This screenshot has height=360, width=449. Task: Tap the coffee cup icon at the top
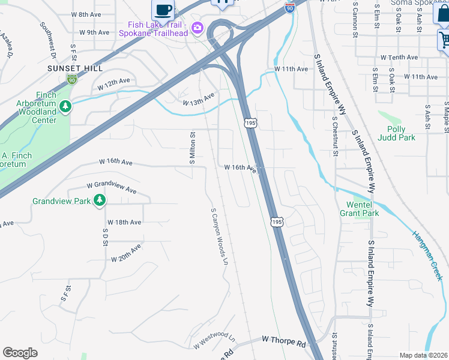(x=163, y=10)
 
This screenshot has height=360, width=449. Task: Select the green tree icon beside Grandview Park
(x=100, y=200)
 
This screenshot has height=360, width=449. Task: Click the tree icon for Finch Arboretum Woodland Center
(x=65, y=107)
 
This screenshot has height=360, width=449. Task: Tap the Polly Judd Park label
(x=396, y=133)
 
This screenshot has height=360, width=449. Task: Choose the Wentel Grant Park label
(x=359, y=208)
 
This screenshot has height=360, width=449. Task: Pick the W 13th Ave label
(x=199, y=100)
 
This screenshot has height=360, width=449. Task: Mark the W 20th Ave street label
(x=126, y=253)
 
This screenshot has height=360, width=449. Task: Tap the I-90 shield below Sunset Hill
(x=72, y=79)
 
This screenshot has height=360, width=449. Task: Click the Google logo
(x=20, y=353)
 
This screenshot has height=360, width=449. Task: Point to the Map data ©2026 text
(x=423, y=355)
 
